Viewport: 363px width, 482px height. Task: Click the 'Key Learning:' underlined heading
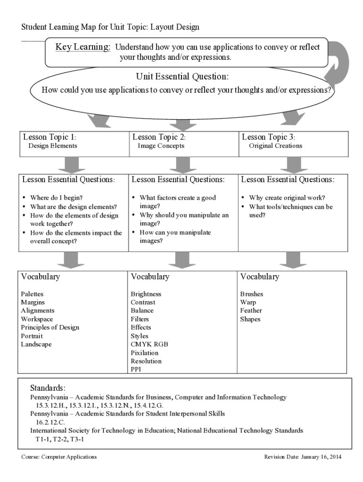pyautogui.click(x=83, y=47)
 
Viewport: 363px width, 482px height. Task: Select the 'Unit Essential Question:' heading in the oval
pyautogui.click(x=182, y=76)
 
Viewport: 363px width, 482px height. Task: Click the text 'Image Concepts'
pyautogui.click(x=161, y=146)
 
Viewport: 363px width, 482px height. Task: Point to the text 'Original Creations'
pyautogui.click(x=276, y=146)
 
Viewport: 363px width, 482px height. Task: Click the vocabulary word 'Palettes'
pyautogui.click(x=32, y=294)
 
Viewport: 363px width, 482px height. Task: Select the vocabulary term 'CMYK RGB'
pyautogui.click(x=149, y=345)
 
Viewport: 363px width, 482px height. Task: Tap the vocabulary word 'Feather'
pyautogui.click(x=251, y=311)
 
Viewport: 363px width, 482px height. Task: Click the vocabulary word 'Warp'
pyautogui.click(x=248, y=303)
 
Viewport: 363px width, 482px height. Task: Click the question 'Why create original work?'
pyautogui.click(x=287, y=198)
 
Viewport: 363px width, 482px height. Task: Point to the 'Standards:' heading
pyautogui.click(x=48, y=388)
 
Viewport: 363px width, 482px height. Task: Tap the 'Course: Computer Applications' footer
pyautogui.click(x=59, y=457)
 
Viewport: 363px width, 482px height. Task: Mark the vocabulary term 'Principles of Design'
pyautogui.click(x=50, y=328)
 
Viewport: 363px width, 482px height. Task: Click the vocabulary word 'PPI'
pyautogui.click(x=136, y=370)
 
